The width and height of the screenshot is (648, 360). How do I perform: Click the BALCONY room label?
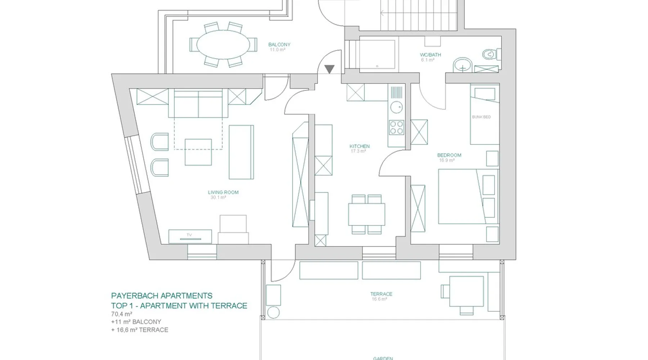(x=279, y=45)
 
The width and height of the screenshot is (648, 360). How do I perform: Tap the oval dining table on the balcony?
(x=223, y=45)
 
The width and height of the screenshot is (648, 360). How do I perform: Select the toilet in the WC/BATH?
(x=489, y=54)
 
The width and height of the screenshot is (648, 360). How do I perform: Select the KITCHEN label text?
(x=359, y=146)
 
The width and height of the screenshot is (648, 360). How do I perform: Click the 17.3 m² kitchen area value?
(x=358, y=151)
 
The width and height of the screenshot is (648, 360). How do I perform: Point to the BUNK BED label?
(x=481, y=117)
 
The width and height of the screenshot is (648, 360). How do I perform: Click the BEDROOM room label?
(x=449, y=155)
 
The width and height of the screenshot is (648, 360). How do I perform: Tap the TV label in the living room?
(x=189, y=235)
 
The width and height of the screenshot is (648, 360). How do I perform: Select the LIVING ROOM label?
(x=223, y=192)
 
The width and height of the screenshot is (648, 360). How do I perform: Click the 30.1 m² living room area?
(x=218, y=198)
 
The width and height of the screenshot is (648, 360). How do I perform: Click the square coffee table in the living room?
(x=198, y=152)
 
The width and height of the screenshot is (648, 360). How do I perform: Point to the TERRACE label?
(x=381, y=294)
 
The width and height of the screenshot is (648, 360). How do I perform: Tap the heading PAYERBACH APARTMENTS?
(x=162, y=296)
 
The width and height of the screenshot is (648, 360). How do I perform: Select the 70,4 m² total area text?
(x=122, y=314)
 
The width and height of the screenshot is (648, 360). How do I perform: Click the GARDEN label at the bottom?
(x=383, y=358)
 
